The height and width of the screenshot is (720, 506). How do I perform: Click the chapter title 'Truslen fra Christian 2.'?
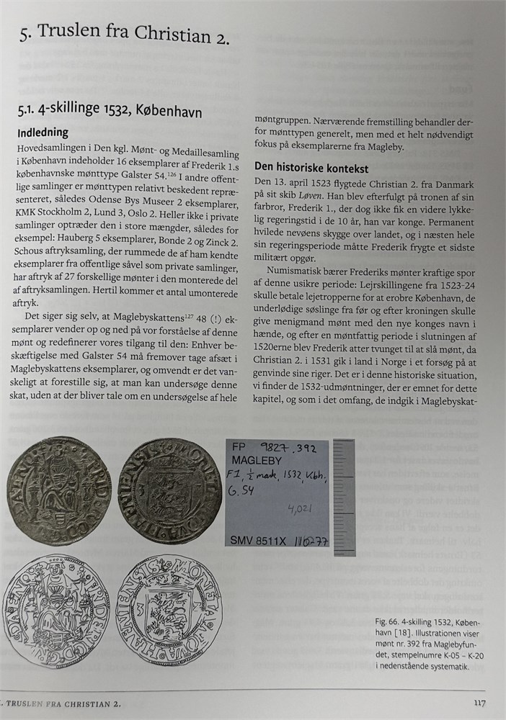tap(133, 32)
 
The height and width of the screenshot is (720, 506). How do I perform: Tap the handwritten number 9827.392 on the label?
tap(288, 446)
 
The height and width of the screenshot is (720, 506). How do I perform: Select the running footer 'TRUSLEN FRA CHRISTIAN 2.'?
tap(61, 703)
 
